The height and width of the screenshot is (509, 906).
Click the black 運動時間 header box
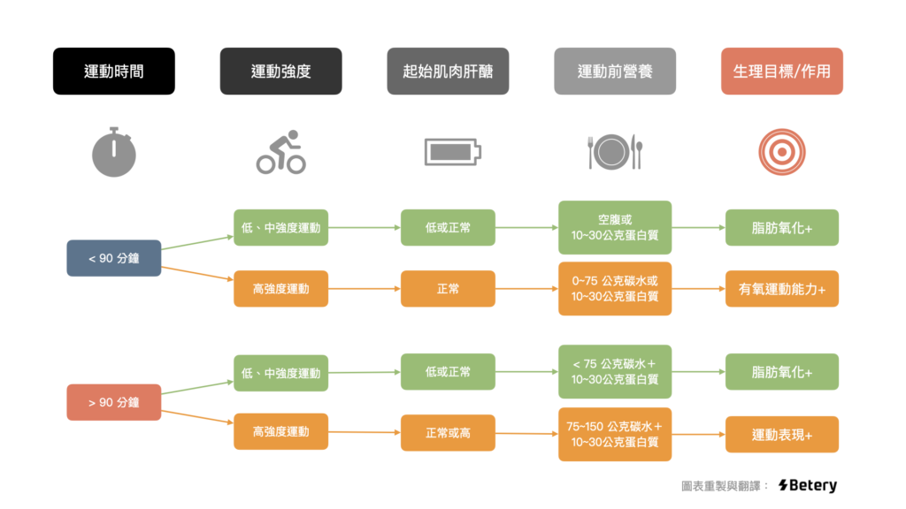pos(114,71)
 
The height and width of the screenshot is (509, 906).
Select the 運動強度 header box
pos(280,71)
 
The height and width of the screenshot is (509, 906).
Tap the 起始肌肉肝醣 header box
pos(448,71)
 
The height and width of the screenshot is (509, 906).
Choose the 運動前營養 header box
pos(615,71)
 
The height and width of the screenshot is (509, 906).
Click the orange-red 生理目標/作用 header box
pos(782,71)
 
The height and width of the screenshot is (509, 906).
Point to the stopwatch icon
pos(114,151)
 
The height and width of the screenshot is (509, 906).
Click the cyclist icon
pos(280,152)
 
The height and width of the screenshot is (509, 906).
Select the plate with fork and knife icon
pos(615,152)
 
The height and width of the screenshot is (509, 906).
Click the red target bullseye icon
pos(782,152)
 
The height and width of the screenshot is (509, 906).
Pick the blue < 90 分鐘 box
pos(114,258)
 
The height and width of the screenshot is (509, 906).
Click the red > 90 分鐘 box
pos(114,402)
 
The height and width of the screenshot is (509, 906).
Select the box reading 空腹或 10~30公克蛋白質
pos(615,227)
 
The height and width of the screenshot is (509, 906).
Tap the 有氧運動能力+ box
pos(782,289)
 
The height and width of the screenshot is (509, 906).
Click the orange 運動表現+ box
pos(782,434)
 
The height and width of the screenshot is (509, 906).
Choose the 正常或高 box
pos(448,433)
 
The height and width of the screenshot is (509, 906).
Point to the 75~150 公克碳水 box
pos(615,434)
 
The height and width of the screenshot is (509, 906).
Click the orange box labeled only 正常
pos(448,289)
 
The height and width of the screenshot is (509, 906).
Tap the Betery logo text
pos(807,485)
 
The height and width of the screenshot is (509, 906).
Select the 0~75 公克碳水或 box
pos(615,289)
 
